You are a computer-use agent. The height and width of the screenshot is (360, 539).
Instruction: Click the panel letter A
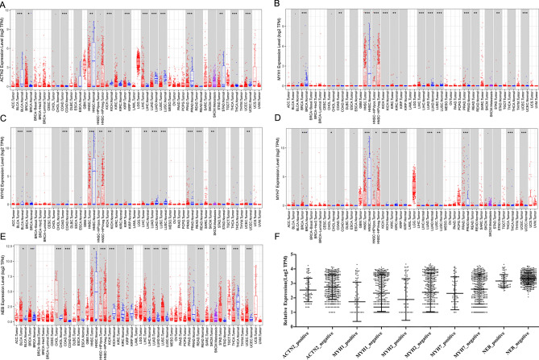click(x=5, y=5)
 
